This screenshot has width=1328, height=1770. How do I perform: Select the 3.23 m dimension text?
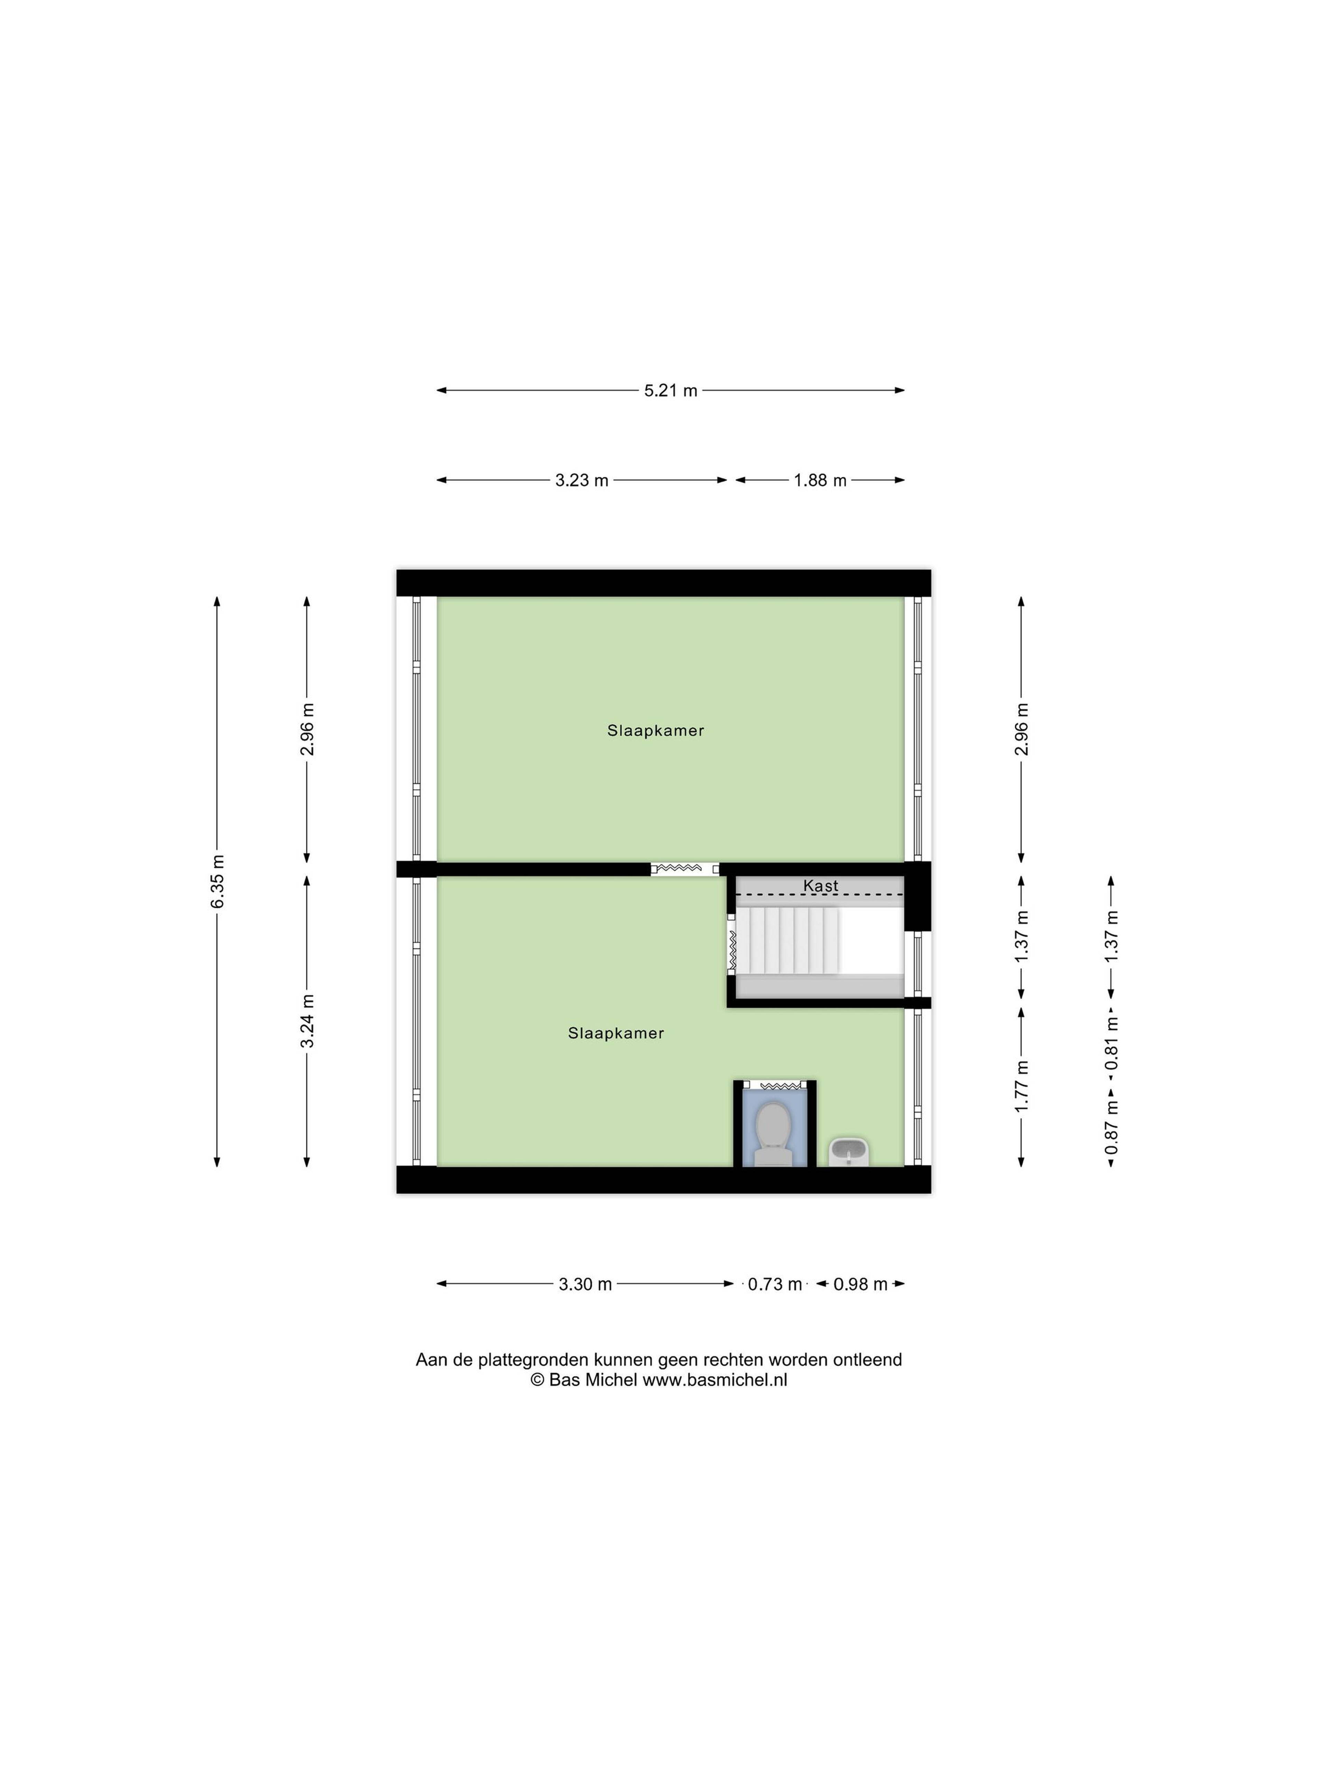[x=582, y=480]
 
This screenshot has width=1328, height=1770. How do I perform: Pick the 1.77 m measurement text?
[x=1021, y=1086]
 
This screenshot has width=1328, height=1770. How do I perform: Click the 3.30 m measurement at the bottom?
[x=585, y=1284]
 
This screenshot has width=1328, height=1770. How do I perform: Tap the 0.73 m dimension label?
[x=775, y=1284]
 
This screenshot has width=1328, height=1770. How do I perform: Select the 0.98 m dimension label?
[x=860, y=1284]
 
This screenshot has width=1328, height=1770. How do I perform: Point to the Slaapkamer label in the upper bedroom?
[x=656, y=730]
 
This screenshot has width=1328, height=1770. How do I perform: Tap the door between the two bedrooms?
[x=684, y=869]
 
